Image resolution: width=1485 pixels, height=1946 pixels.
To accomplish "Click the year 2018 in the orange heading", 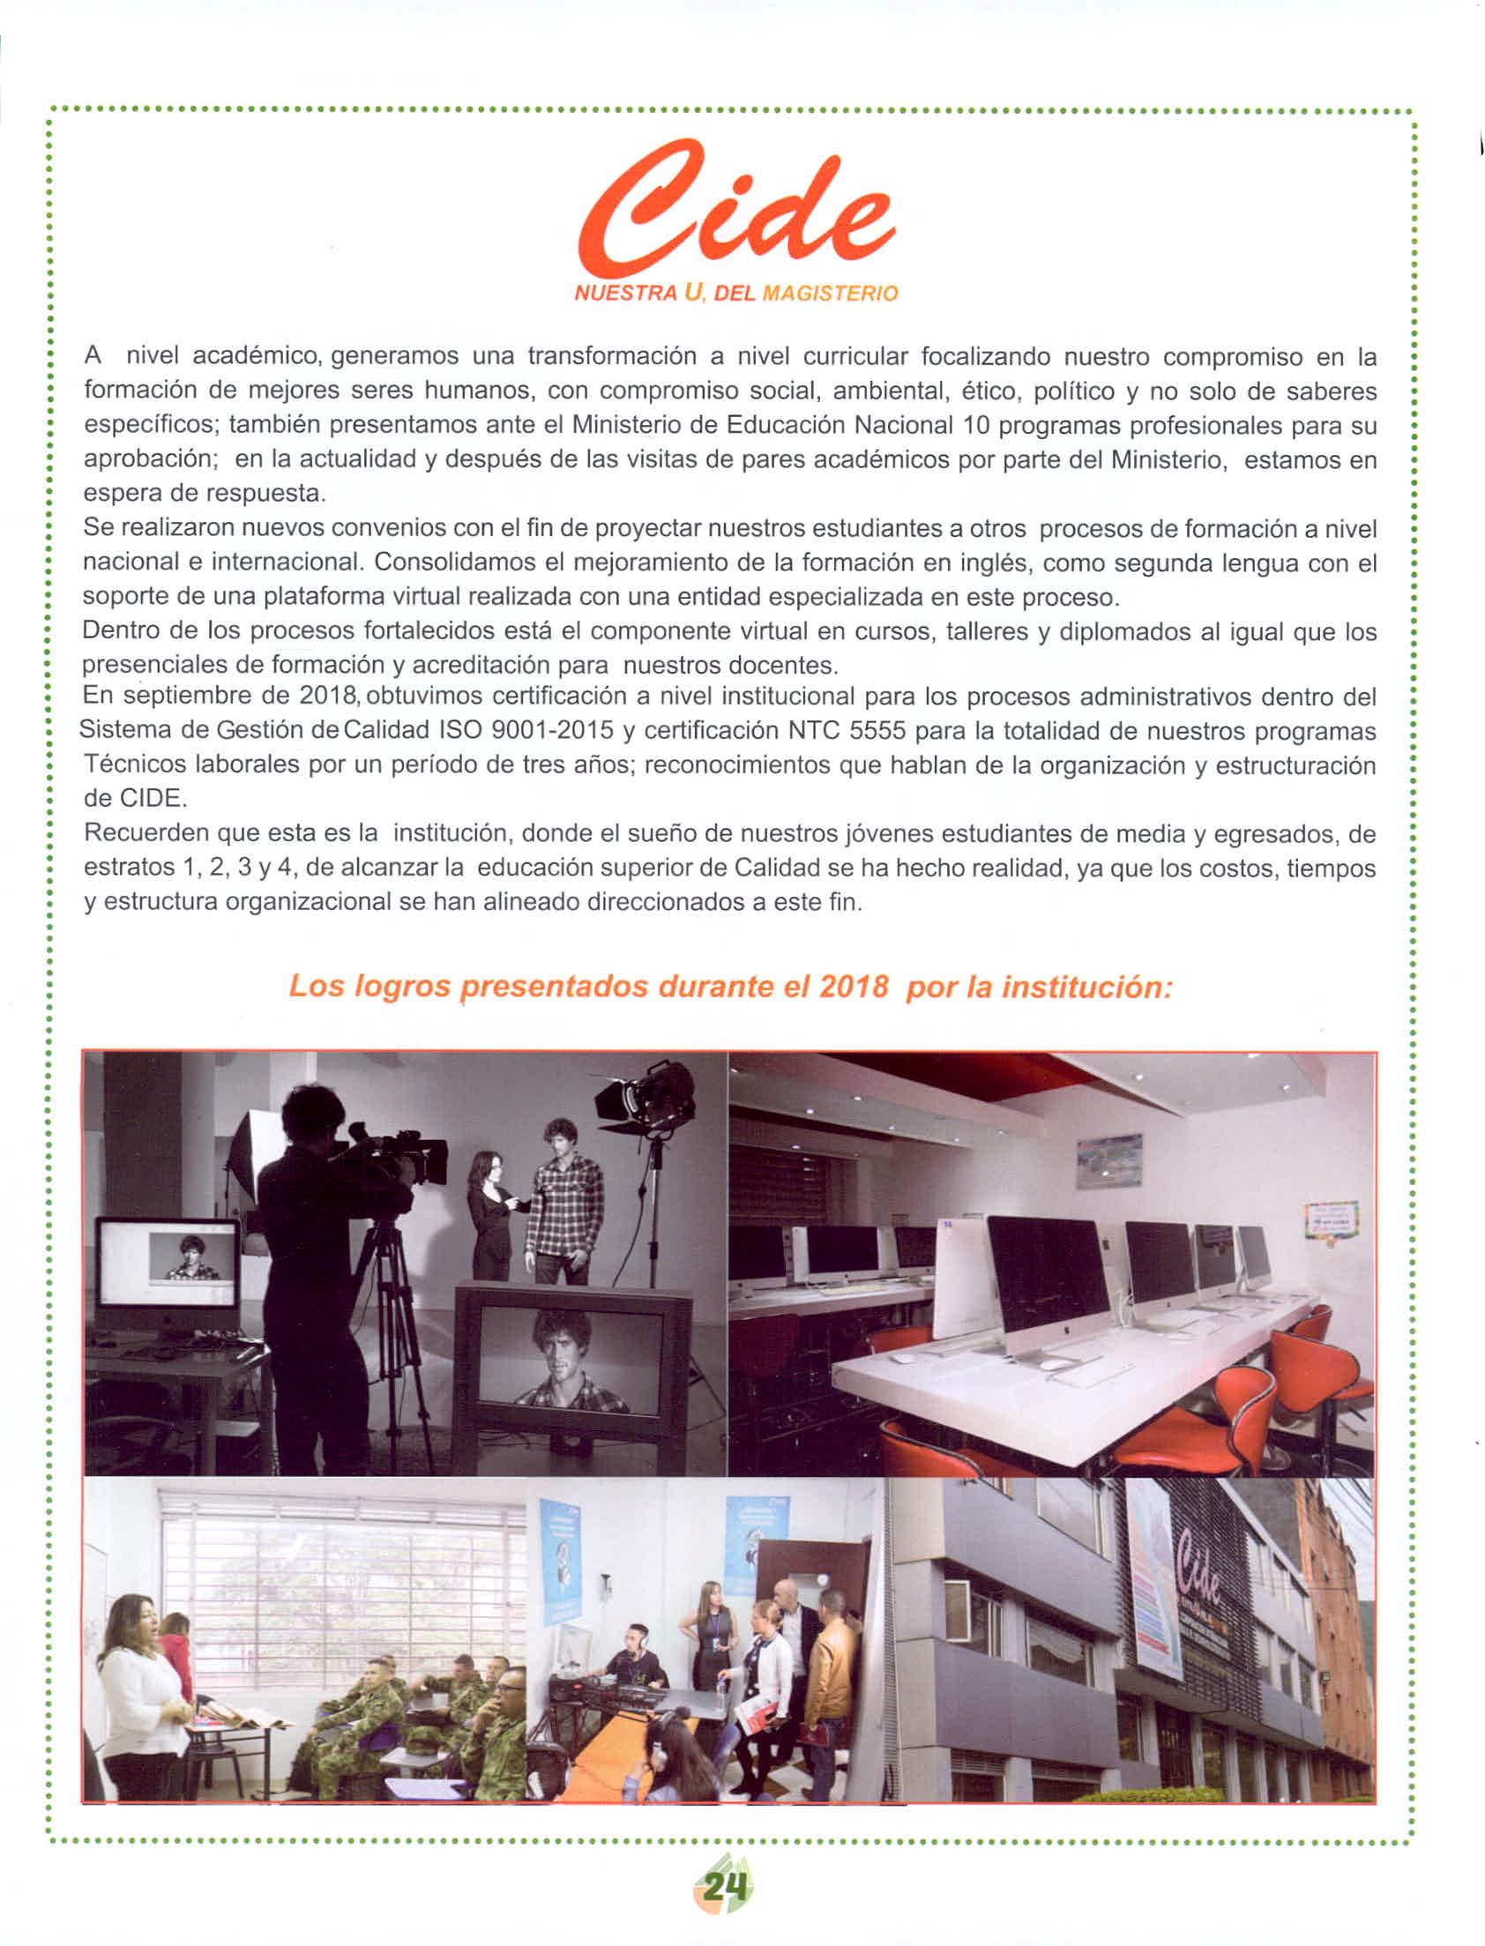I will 853,987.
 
